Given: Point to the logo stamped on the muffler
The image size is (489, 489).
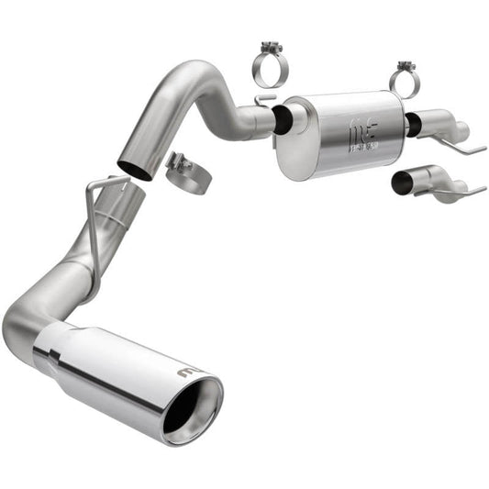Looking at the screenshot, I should (358, 137).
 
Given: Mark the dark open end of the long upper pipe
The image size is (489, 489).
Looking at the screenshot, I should (135, 169).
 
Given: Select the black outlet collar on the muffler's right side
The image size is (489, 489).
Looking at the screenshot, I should (413, 125).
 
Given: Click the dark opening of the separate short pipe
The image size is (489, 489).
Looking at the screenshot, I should (402, 183).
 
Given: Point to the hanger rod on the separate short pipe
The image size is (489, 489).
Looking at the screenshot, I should (463, 191).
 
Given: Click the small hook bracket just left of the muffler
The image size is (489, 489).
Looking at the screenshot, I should (263, 96).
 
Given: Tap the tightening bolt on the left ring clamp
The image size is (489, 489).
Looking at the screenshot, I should (269, 46).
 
